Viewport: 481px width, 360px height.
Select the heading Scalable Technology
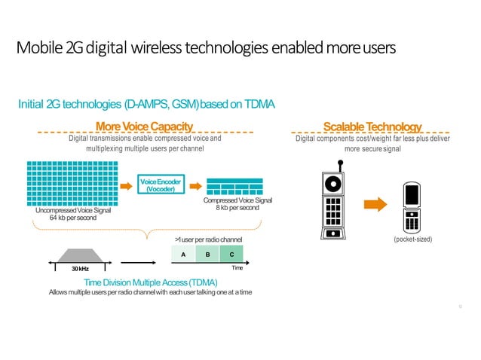click(372, 126)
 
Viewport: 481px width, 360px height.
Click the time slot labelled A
click(183, 255)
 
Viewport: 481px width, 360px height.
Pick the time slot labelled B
click(207, 255)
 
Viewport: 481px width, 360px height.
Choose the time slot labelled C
click(231, 255)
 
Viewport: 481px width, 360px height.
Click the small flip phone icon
click(411, 209)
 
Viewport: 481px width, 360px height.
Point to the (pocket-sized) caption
click(410, 239)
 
